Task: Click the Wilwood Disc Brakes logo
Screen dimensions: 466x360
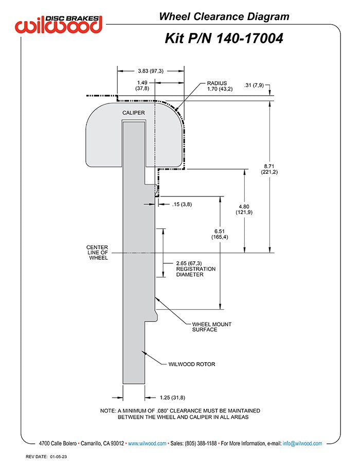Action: click(x=59, y=24)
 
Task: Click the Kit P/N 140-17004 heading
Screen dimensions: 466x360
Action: click(x=224, y=39)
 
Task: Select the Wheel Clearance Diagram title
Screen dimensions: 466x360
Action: click(x=224, y=16)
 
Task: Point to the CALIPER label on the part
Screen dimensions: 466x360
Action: click(x=133, y=113)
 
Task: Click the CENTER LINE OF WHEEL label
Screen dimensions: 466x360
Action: click(x=97, y=253)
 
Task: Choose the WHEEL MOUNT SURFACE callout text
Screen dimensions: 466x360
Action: click(x=211, y=327)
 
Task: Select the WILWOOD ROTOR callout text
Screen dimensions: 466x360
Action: click(x=192, y=364)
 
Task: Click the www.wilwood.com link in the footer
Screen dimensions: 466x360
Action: click(x=147, y=443)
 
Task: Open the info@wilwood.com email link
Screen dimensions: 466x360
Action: click(x=302, y=443)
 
